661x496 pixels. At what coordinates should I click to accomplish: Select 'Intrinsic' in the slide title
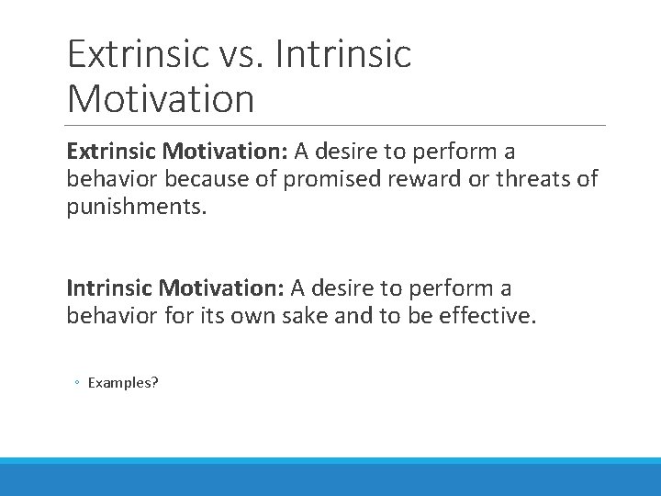pos(344,54)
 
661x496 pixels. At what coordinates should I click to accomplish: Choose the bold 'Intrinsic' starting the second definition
pos(109,288)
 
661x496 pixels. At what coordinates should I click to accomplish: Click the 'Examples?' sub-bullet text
pos(123,382)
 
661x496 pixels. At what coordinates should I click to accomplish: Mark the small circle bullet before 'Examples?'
pos(78,383)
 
